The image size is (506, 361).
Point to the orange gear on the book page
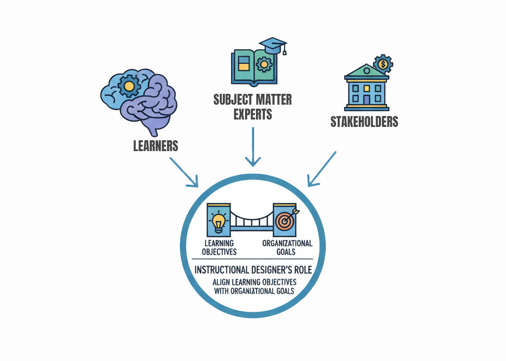coord(265,64)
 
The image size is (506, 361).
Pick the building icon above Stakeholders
coord(366,86)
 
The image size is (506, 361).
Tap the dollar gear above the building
coord(383,64)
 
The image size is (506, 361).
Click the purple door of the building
coord(366,99)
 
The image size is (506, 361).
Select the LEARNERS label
coord(156,146)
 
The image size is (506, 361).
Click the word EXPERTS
coord(253,114)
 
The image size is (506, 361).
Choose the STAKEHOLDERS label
coord(364,121)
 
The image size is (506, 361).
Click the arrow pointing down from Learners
coord(183,172)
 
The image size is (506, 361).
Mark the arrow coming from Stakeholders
coord(322,169)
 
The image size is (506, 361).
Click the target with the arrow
coord(285,220)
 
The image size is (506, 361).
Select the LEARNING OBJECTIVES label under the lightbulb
coord(220,247)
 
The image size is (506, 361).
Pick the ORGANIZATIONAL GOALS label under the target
coord(287,247)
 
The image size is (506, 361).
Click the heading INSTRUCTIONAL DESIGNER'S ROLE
coord(253,271)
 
